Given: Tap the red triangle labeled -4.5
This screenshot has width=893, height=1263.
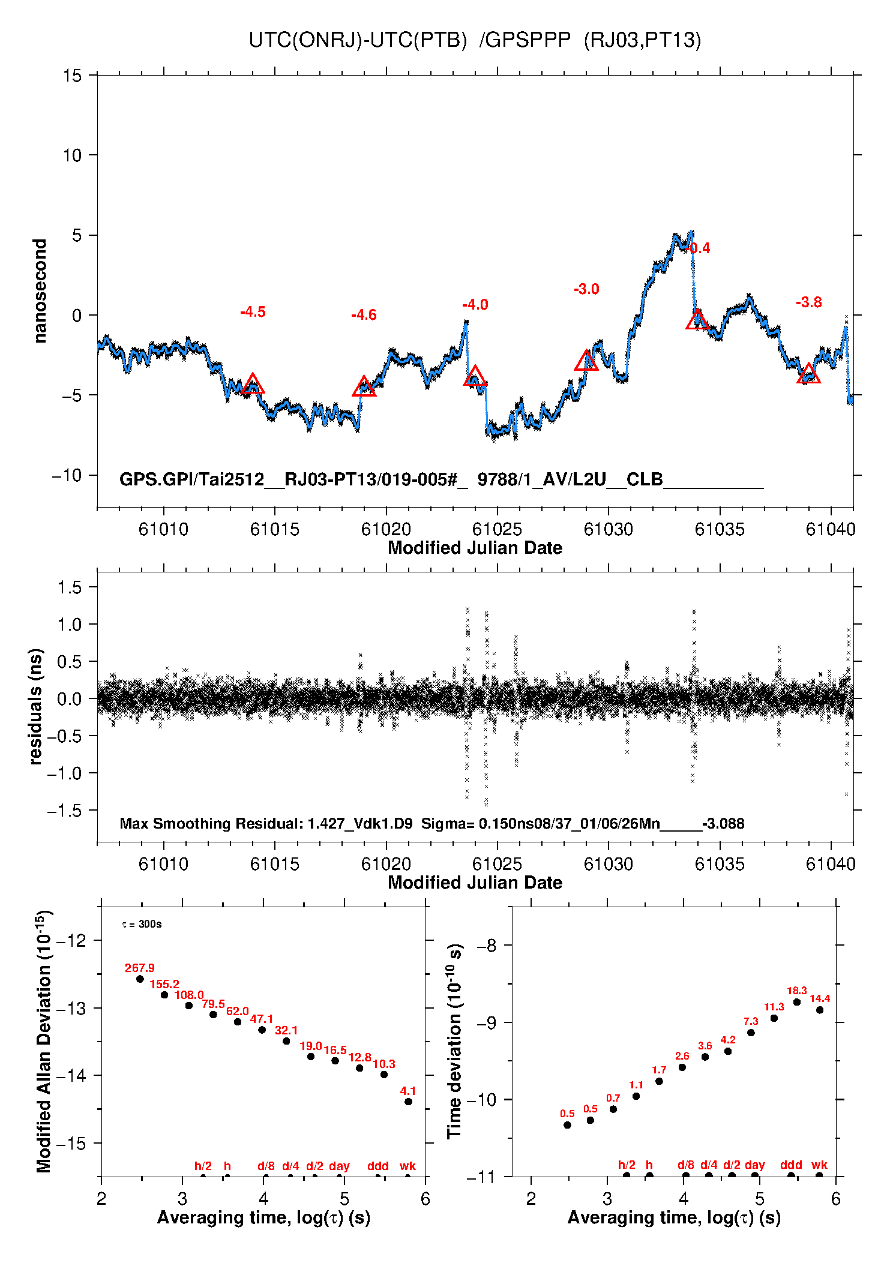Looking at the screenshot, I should [253, 385].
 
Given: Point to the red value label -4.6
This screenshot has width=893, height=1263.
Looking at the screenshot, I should [364, 315].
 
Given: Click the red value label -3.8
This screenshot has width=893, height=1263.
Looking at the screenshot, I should [808, 302].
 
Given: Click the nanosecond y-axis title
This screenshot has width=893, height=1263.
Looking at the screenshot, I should [40, 291].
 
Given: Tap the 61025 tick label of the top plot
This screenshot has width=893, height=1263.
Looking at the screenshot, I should [497, 529].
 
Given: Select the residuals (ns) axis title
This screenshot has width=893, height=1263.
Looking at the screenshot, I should [36, 706].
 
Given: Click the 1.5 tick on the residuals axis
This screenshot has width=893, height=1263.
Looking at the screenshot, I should [70, 587].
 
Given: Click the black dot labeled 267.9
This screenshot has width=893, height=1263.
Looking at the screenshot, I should [140, 979].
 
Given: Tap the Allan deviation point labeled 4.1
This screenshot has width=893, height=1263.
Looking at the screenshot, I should [408, 1102].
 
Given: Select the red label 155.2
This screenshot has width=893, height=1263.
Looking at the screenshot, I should [164, 985].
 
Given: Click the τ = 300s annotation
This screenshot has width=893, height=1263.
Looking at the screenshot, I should [142, 924].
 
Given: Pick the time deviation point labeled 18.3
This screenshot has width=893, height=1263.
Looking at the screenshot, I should [797, 1002].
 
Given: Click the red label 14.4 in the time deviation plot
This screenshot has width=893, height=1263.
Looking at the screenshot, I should [820, 999].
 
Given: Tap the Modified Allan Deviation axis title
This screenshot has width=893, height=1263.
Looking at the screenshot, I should [43, 1041].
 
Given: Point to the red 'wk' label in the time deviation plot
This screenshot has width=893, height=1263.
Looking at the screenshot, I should [819, 1165].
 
